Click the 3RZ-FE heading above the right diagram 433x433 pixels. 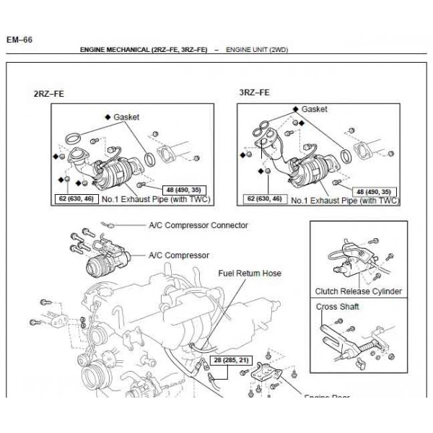pos(254,92)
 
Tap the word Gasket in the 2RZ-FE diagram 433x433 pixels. pos(126,116)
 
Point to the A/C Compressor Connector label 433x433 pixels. pos(198,225)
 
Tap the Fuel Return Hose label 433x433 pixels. pos(250,274)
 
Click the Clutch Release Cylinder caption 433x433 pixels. pos(359,292)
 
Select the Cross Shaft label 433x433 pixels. pos(338,307)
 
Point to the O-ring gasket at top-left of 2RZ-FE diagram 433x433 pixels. pos(71,136)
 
